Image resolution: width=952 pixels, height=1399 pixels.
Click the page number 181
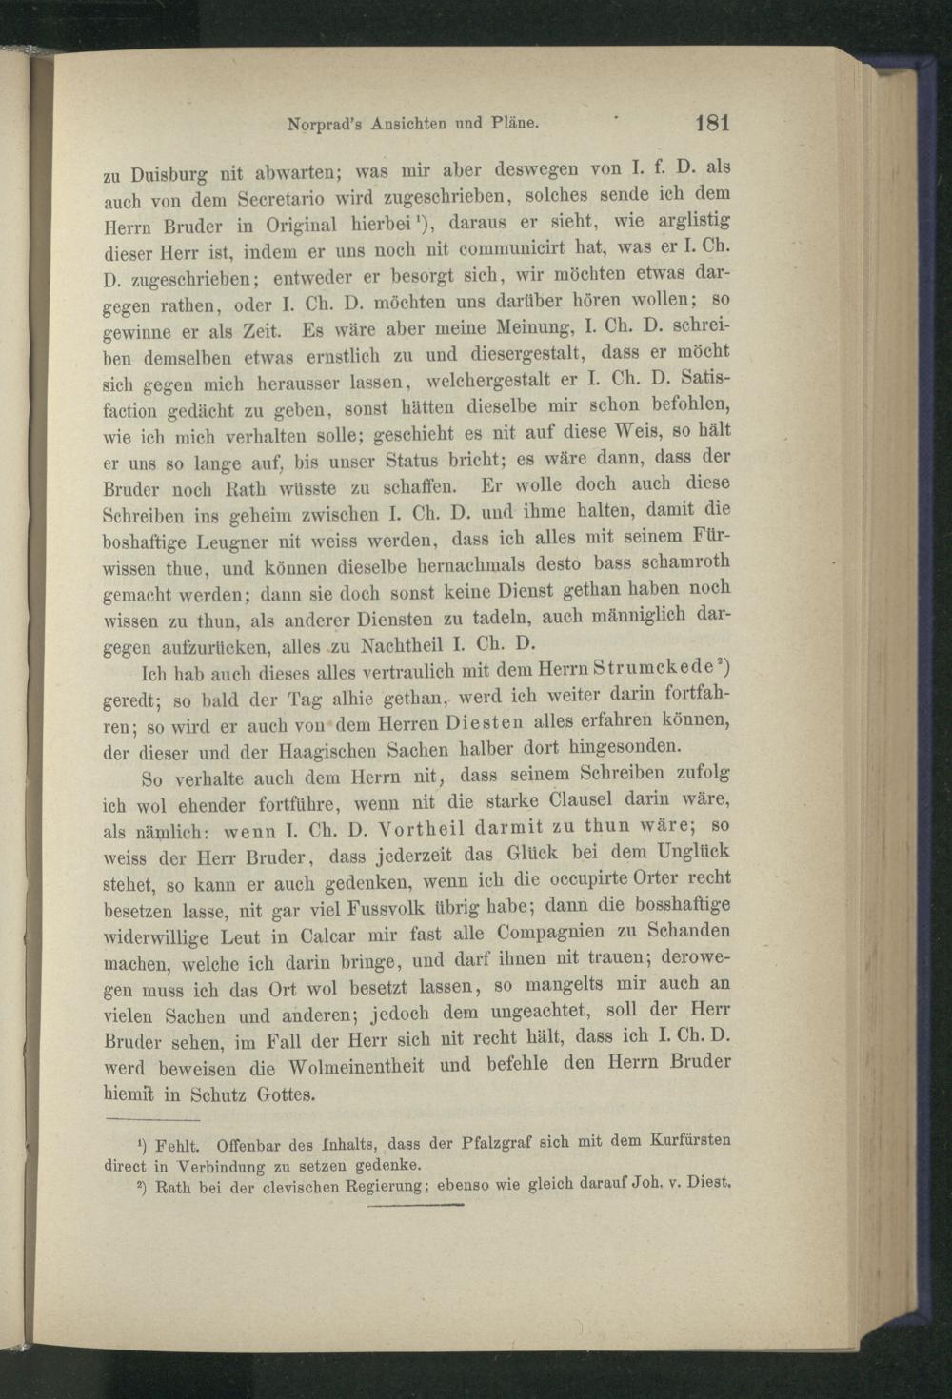click(712, 123)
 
